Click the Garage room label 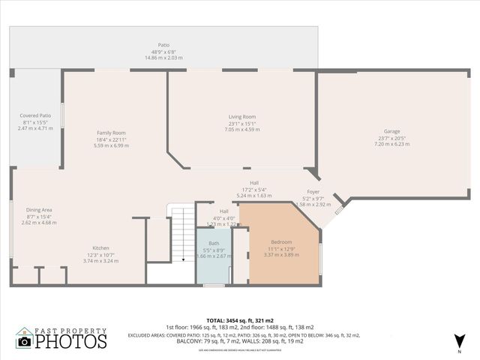pos(391,131)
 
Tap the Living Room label pos(242,117)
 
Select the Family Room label pos(110,133)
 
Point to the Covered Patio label pos(35,115)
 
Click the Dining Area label pos(39,210)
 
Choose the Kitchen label pos(101,248)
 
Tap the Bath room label pos(214,244)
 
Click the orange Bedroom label pos(281,242)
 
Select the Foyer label pos(313,192)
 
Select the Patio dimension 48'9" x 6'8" pos(163,51)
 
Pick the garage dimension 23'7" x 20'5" pos(391,138)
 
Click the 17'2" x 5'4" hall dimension pos(254,189)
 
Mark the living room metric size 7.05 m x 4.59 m pos(242,130)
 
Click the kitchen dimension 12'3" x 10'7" pos(101,255)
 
